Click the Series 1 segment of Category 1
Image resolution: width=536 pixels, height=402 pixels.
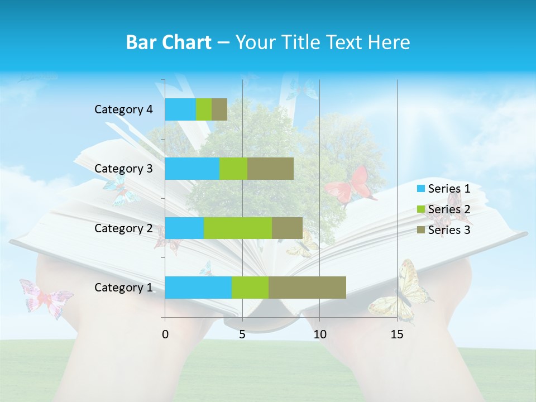198,287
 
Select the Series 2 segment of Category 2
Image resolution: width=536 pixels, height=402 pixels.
238,228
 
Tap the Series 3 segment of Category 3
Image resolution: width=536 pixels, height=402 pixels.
270,169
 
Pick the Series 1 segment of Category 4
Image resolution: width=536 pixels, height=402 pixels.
180,109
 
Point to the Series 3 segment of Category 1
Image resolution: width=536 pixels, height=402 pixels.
307,287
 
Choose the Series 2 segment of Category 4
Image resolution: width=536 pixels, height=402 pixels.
204,109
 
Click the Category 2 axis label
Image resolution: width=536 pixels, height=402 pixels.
123,228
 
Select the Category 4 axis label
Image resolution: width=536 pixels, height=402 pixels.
123,109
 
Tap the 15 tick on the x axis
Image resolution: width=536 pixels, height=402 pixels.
397,334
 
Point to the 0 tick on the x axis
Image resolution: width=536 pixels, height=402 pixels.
165,334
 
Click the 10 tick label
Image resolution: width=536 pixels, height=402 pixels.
319,334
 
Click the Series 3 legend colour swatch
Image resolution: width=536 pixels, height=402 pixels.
420,230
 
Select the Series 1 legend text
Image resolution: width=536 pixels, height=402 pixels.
449,189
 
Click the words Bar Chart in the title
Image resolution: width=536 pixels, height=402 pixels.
169,42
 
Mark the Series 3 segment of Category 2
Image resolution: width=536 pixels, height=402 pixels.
287,228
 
